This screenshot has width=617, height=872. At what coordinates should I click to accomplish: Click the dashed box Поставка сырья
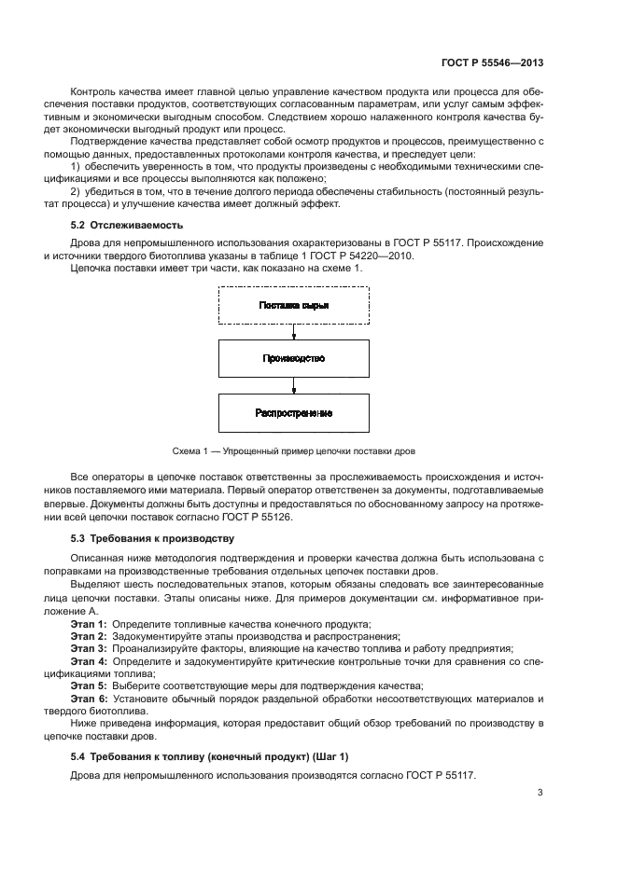293,305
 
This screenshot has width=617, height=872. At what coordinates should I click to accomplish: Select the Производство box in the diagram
293,358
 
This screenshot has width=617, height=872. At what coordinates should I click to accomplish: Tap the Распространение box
293,412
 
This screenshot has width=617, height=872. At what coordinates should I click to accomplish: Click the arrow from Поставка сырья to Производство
293,332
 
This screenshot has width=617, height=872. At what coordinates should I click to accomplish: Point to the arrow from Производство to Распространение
293,385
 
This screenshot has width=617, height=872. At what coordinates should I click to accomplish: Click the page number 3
540,793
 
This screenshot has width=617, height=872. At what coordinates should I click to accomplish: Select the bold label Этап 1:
89,623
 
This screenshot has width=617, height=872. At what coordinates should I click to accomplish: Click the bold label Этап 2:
89,635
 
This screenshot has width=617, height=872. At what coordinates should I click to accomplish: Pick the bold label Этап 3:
89,647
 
